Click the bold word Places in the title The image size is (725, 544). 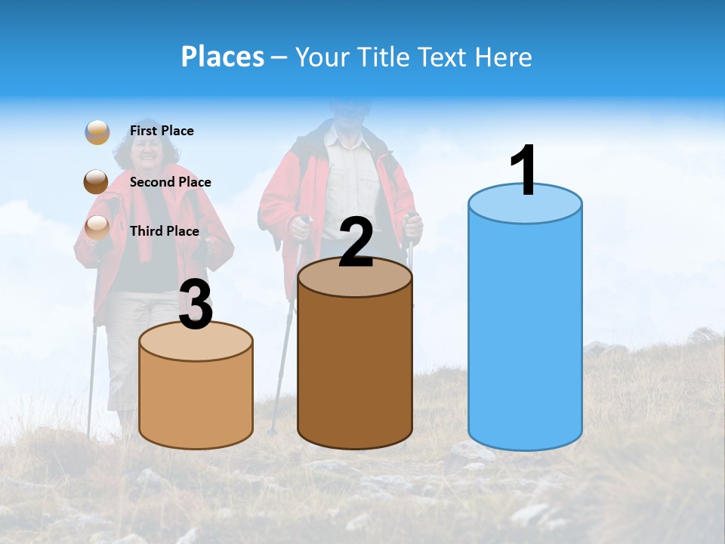point(223,57)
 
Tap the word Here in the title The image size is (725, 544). point(504,57)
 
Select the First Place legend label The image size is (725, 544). point(162,131)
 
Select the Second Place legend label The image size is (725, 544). point(170,182)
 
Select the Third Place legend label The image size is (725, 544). point(164,231)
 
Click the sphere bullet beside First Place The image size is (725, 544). point(97,132)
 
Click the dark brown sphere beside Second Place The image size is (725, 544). point(97,181)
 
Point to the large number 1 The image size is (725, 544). point(523,171)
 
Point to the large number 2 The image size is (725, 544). point(356,243)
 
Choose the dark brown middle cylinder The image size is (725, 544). point(355,370)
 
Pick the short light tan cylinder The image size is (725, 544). point(196,400)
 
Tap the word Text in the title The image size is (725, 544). point(443,57)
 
